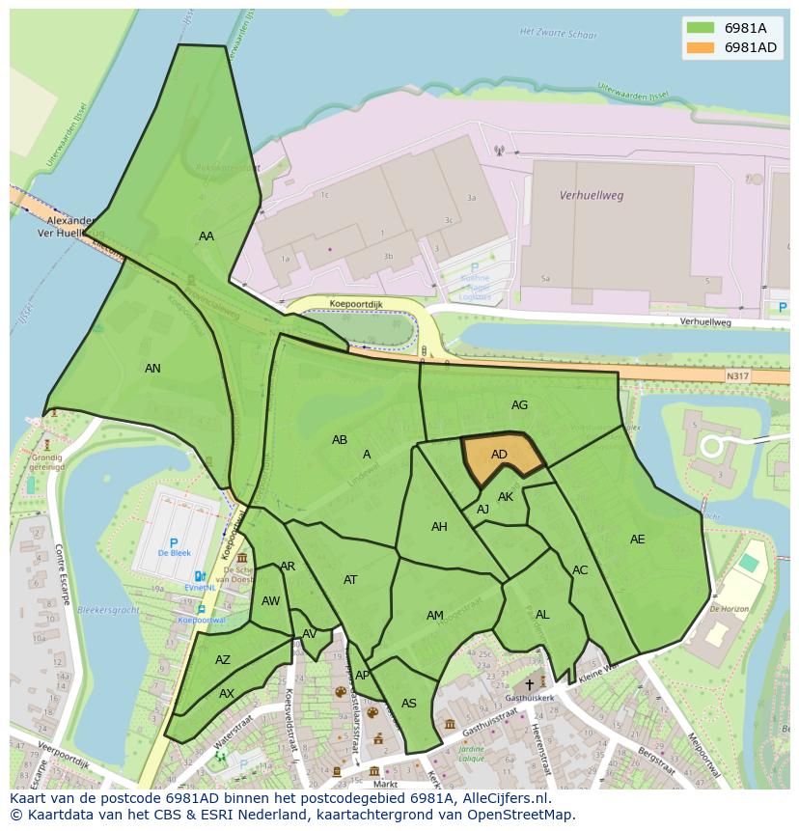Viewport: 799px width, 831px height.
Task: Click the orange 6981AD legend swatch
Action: coord(702,47)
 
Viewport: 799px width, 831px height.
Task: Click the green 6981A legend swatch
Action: coord(702,28)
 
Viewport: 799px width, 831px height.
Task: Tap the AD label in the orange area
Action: coord(499,455)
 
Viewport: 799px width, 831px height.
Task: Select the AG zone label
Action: coord(519,405)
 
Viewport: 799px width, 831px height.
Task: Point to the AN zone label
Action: coord(152,369)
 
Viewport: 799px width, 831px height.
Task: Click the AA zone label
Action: coord(207,236)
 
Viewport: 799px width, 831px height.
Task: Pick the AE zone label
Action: coord(637,540)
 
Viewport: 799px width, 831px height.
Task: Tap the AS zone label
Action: coord(409,704)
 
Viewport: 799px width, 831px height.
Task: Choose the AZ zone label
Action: coord(223,661)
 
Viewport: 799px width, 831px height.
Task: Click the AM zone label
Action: coord(434,616)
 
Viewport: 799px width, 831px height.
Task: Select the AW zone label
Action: coord(270,601)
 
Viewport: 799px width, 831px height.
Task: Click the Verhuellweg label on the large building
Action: coord(592,195)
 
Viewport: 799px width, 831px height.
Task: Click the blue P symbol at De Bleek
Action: coord(174,543)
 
